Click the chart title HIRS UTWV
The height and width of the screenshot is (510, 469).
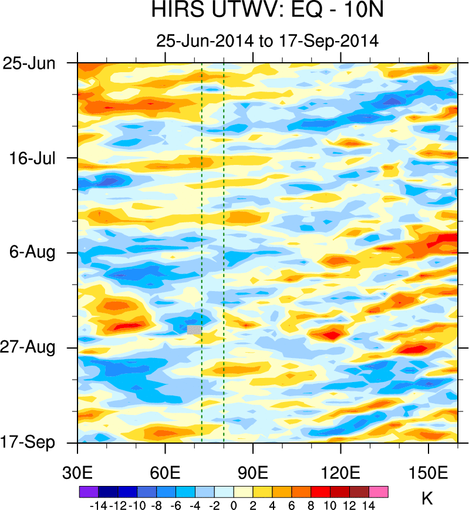(x=267, y=11)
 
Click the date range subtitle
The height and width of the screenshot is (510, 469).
(x=267, y=41)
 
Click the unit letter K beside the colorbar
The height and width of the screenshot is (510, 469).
(x=427, y=499)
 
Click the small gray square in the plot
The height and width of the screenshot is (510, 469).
(x=194, y=329)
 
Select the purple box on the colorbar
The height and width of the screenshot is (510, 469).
(x=88, y=491)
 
